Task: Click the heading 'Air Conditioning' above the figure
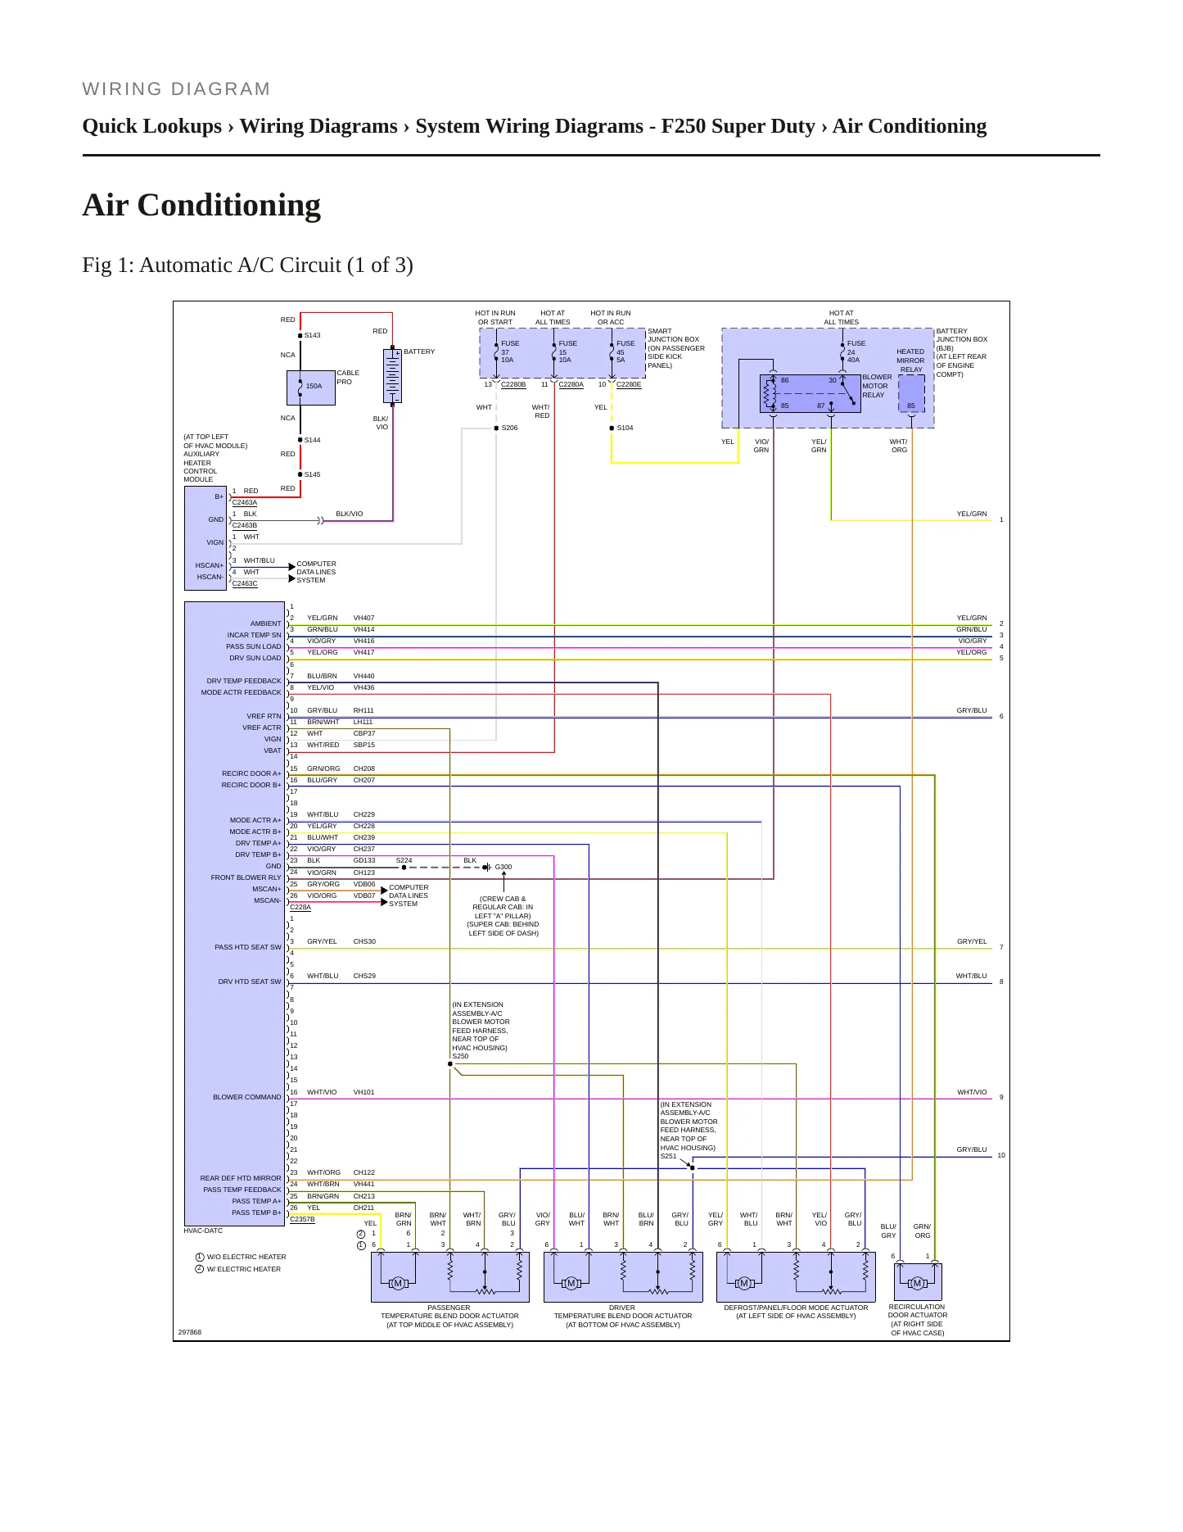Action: pyautogui.click(x=201, y=205)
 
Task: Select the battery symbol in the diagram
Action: pyautogui.click(x=393, y=377)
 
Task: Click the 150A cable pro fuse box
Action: pyautogui.click(x=310, y=388)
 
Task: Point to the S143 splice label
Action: pyautogui.click(x=312, y=335)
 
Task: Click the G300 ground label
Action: pyautogui.click(x=503, y=867)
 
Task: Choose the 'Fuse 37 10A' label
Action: pyautogui.click(x=509, y=351)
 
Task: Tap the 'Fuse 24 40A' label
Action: pyautogui.click(x=856, y=351)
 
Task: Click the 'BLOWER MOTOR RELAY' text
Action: pyautogui.click(x=877, y=386)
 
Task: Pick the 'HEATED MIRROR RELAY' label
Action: pyautogui.click(x=910, y=360)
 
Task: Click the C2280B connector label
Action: pyautogui.click(x=513, y=384)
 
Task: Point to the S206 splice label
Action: pyautogui.click(x=509, y=428)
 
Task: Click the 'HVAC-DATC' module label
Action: pyautogui.click(x=203, y=1231)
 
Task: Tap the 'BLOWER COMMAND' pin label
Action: pyautogui.click(x=246, y=1097)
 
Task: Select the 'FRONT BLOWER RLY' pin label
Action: pyautogui.click(x=246, y=877)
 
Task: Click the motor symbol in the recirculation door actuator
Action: pyautogui.click(x=917, y=1283)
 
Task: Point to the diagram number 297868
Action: pyautogui.click(x=189, y=1332)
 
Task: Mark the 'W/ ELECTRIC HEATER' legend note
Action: pyautogui.click(x=243, y=1269)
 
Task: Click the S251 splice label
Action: pyautogui.click(x=669, y=1156)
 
